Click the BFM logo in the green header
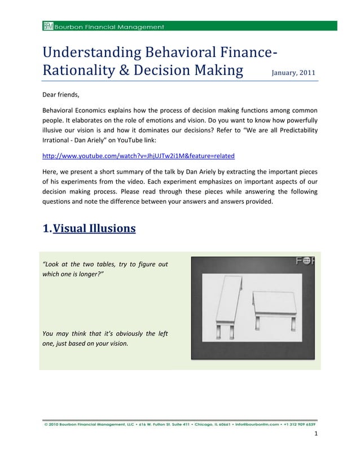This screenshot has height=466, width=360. click(47, 26)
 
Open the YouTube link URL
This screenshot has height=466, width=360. click(138, 155)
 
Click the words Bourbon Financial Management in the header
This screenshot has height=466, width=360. click(109, 27)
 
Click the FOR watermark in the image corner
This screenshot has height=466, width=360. click(305, 261)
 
